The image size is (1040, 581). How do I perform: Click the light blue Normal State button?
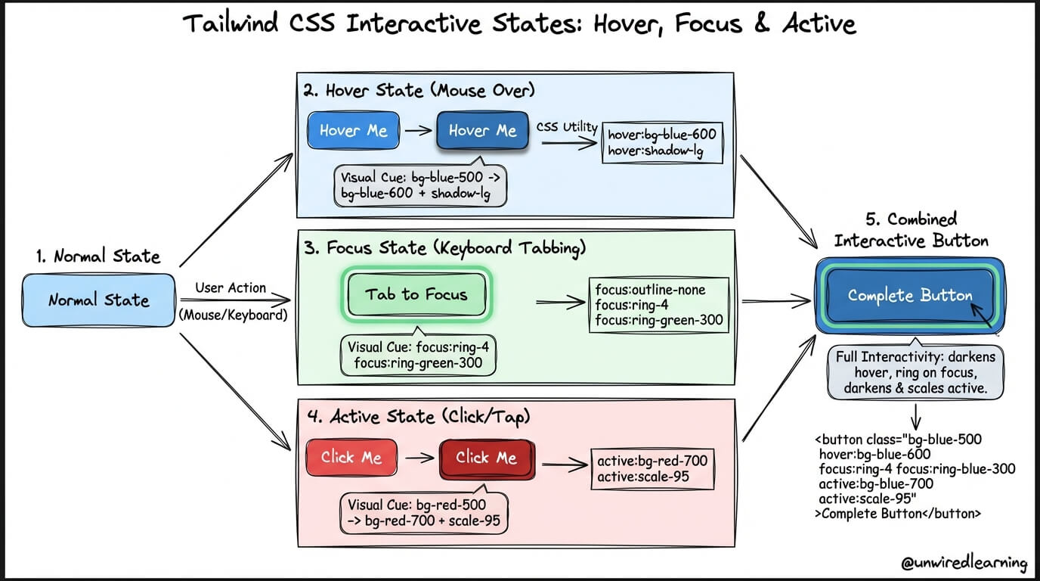[x=99, y=300]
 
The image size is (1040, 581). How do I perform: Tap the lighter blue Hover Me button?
[x=353, y=131]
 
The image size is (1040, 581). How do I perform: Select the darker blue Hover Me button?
[x=482, y=131]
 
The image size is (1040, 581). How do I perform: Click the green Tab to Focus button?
[x=416, y=294]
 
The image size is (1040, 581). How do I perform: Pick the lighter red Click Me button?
[x=351, y=458]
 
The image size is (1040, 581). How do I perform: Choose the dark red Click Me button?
[x=487, y=458]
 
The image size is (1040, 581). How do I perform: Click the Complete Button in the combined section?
[x=910, y=296]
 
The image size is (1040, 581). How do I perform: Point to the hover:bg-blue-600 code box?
[x=661, y=143]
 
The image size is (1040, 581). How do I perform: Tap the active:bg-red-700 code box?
[x=652, y=468]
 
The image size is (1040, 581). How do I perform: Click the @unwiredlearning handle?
[x=964, y=563]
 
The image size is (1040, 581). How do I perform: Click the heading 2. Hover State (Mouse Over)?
[x=419, y=91]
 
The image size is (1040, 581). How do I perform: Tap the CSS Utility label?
[x=567, y=127]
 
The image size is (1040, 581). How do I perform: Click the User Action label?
[x=231, y=288]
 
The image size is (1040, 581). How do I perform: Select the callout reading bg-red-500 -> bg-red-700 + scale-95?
[x=424, y=512]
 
